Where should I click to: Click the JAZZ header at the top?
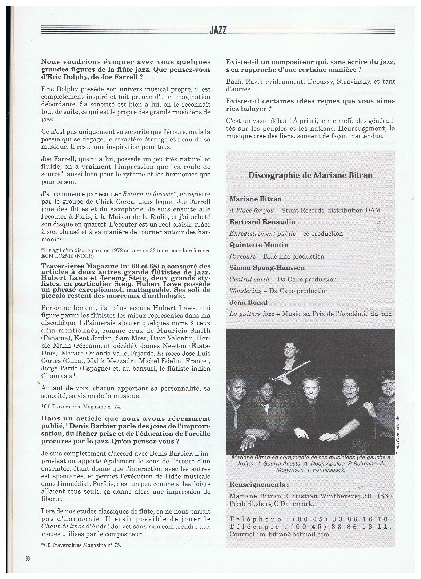[218, 30]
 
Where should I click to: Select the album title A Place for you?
[252, 210]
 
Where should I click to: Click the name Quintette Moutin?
[259, 245]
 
